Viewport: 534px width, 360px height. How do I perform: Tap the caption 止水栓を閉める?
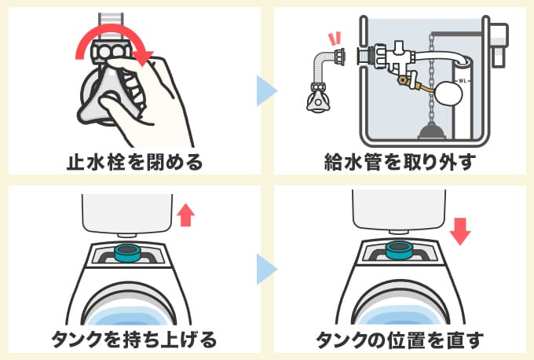(x=133, y=162)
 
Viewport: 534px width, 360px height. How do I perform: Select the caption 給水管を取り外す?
(x=400, y=162)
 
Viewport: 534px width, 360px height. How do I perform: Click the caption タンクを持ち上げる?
(x=133, y=340)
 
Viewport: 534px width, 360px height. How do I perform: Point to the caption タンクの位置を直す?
(x=400, y=340)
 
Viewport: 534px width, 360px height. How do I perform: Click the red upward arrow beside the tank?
(x=185, y=214)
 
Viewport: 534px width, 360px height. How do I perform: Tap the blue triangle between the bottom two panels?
(x=267, y=270)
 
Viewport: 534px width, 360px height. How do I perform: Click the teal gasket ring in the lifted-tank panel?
(x=127, y=253)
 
